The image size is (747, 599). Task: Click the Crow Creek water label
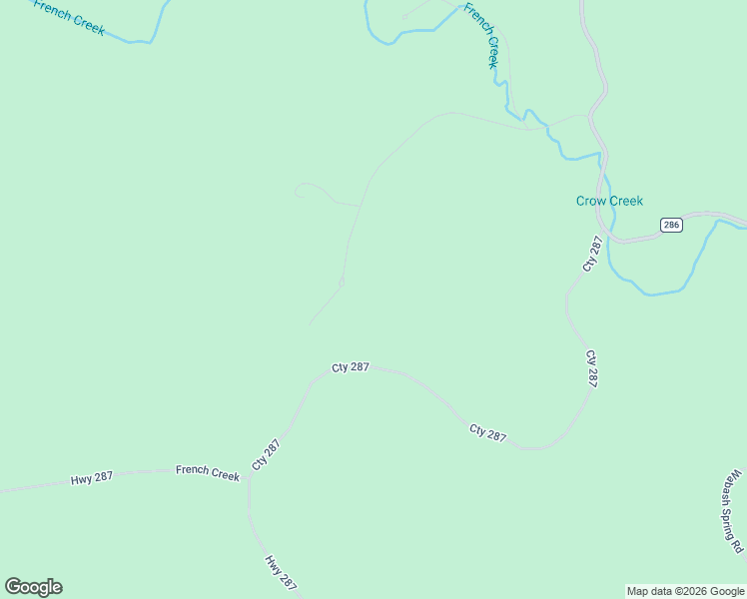point(609,201)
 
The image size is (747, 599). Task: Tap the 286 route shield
point(671,226)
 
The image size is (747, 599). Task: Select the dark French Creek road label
point(208,472)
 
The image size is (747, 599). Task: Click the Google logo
point(33,587)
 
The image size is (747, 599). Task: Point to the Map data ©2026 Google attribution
point(685,591)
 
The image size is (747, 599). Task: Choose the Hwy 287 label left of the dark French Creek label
point(91,478)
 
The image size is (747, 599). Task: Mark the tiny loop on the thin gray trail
point(342,283)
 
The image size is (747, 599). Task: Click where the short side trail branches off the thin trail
point(359,206)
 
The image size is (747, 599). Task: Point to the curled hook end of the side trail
point(297,194)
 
